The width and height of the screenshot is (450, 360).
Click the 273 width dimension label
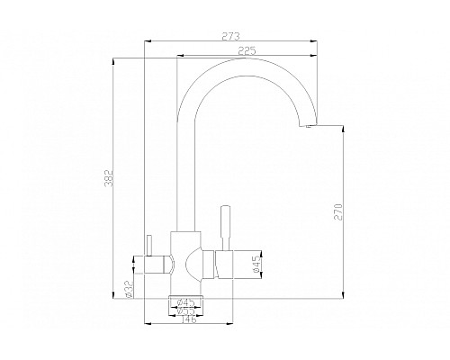point(230,37)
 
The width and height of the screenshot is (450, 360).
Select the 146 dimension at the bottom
point(187,319)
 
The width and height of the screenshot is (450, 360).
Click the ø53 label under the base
point(186,310)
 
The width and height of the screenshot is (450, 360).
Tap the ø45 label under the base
point(186,301)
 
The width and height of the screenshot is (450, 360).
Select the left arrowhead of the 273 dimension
point(147,41)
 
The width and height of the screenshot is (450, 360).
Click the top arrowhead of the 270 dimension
point(343,127)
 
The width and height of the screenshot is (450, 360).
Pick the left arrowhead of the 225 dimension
point(178,58)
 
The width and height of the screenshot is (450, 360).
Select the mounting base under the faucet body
point(187,296)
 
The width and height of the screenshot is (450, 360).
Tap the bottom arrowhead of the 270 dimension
point(343,295)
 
